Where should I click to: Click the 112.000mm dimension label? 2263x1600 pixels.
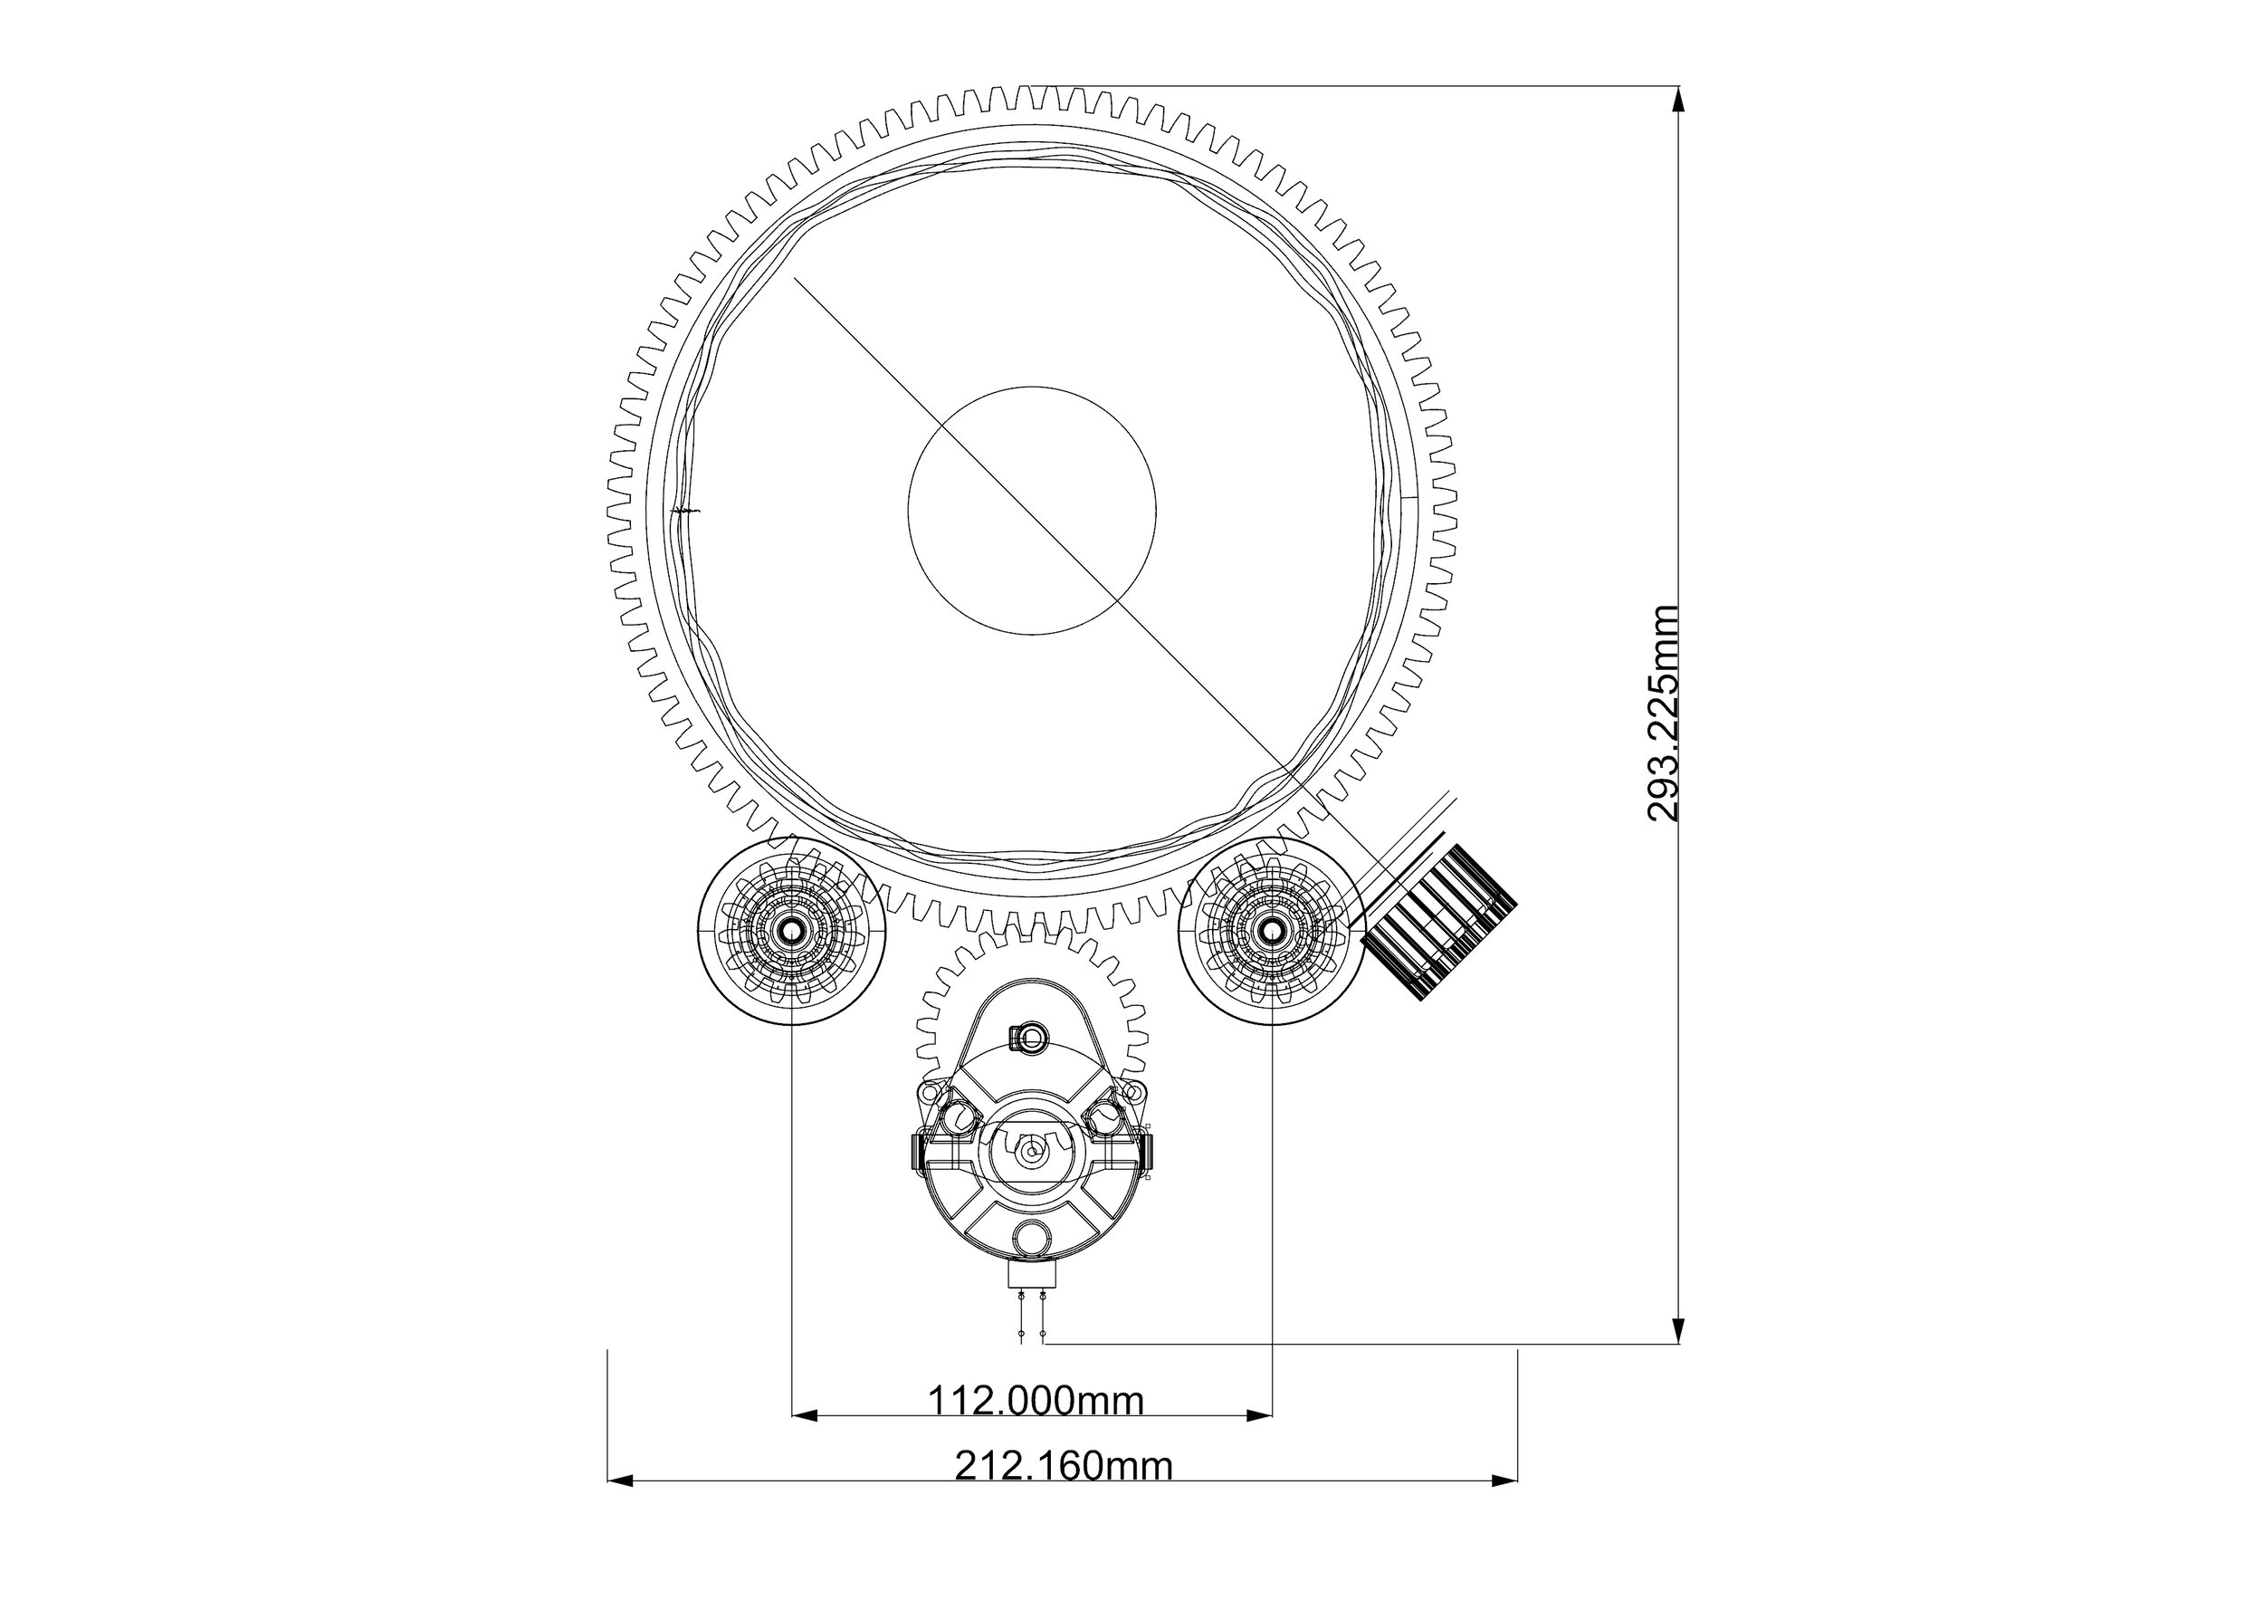pos(1036,1400)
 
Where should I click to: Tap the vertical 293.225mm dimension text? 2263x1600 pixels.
pos(1663,714)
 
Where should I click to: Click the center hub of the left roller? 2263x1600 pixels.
pos(791,931)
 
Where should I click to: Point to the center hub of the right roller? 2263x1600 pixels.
pos(1271,931)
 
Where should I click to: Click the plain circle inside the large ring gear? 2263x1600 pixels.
pos(1032,511)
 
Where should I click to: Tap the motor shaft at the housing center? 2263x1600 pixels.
pos(1031,1151)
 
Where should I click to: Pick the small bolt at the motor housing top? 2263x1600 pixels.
pos(1029,1036)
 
